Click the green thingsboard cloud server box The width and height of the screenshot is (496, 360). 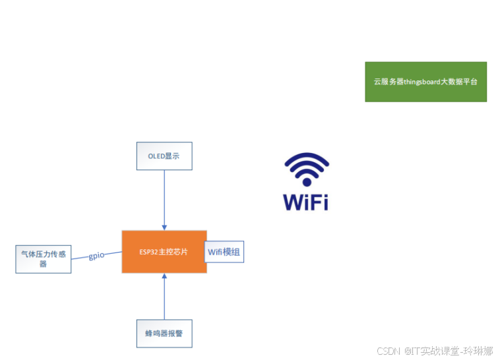tap(425, 82)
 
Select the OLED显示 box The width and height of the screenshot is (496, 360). tap(164, 156)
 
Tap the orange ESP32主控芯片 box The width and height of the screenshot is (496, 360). tap(164, 252)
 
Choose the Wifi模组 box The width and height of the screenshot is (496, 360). tap(224, 252)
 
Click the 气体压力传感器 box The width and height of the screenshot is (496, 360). tap(43, 259)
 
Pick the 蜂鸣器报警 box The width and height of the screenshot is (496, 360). tap(164, 334)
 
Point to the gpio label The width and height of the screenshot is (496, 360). tap(96, 256)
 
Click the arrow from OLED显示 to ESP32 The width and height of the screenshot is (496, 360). tap(164, 198)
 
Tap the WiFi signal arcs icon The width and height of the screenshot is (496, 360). tap(306, 169)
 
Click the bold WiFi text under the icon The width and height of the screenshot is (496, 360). tap(306, 202)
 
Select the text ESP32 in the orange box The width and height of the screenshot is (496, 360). tap(148, 252)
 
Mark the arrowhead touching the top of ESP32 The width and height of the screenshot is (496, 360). tap(164, 227)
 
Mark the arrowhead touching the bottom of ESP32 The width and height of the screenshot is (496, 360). tap(164, 276)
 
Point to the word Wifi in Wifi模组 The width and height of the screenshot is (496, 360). tap(216, 252)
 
